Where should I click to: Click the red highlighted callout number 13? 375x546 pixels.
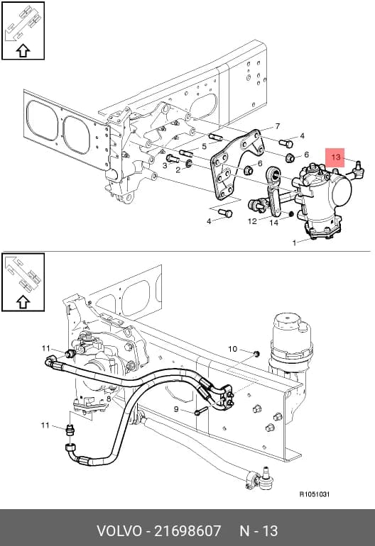pyautogui.click(x=335, y=157)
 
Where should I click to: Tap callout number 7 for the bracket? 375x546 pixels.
pyautogui.click(x=277, y=126)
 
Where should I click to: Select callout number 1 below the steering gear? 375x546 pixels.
pyautogui.click(x=295, y=243)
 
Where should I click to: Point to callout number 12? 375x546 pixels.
pyautogui.click(x=252, y=221)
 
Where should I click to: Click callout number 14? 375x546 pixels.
pyautogui.click(x=274, y=223)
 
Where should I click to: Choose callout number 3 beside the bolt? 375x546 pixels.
pyautogui.click(x=165, y=166)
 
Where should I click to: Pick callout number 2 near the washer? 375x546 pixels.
pyautogui.click(x=178, y=170)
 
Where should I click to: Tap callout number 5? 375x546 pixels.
pyautogui.click(x=204, y=146)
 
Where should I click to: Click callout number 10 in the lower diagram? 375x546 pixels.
pyautogui.click(x=232, y=349)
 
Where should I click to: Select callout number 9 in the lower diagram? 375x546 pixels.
pyautogui.click(x=176, y=410)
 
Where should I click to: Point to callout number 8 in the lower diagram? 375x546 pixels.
pyautogui.click(x=109, y=399)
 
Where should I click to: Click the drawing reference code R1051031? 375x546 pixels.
pyautogui.click(x=315, y=494)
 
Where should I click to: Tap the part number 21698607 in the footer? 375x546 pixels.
pyautogui.click(x=187, y=531)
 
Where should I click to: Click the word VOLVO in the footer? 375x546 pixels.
pyautogui.click(x=119, y=531)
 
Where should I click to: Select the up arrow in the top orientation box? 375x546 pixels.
pyautogui.click(x=23, y=51)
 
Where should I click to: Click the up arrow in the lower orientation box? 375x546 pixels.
pyautogui.click(x=23, y=302)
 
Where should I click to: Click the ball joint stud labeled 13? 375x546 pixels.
pyautogui.click(x=359, y=169)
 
